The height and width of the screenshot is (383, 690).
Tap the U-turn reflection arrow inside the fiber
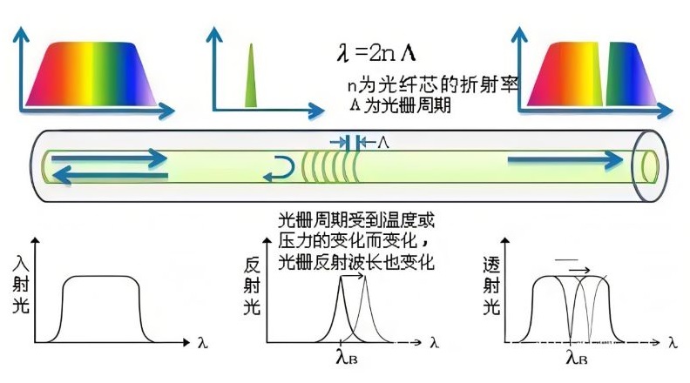click(x=281, y=165)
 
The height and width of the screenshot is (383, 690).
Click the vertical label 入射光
click(x=24, y=286)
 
